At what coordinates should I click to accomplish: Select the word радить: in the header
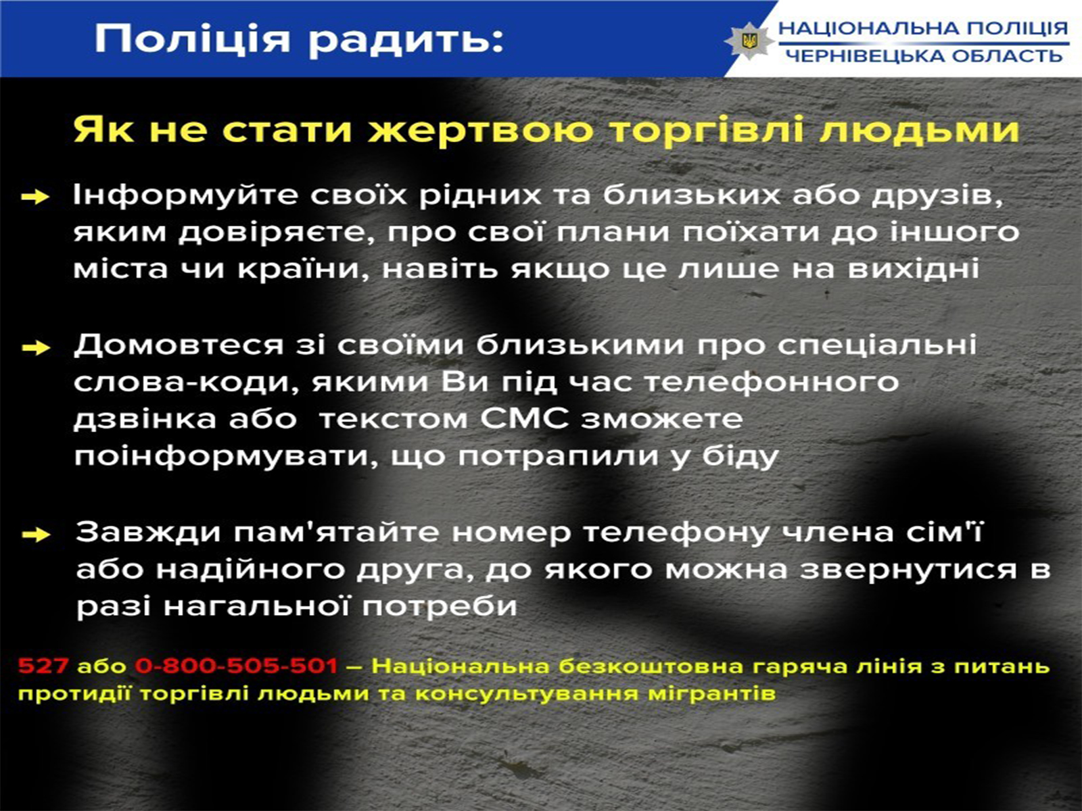pyautogui.click(x=406, y=39)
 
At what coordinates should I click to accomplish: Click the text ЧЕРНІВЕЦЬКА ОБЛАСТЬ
pyautogui.click(x=924, y=55)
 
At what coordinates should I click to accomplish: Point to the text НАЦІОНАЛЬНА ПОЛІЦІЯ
pyautogui.click(x=923, y=28)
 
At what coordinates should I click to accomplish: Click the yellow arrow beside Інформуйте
pyautogui.click(x=35, y=197)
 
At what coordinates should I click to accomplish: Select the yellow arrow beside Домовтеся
pyautogui.click(x=36, y=348)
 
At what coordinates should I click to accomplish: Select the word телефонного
pyautogui.click(x=772, y=383)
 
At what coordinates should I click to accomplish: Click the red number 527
pyautogui.click(x=43, y=666)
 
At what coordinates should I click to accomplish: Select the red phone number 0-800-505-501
pyautogui.click(x=237, y=666)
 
